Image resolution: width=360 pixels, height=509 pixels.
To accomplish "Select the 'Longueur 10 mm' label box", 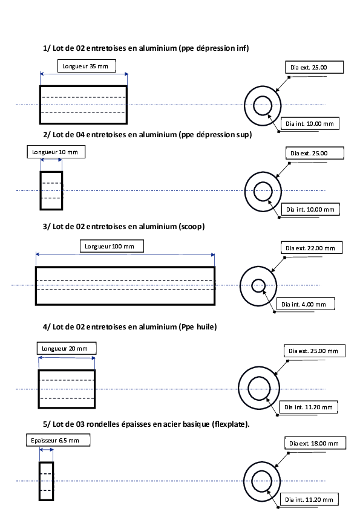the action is point(56,152).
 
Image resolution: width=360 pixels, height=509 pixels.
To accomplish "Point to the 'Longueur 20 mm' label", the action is point(67,348).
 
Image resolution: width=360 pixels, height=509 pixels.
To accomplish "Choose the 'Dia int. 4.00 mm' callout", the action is point(304,304).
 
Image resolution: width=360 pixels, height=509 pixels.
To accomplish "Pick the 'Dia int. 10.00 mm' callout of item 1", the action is point(310,123).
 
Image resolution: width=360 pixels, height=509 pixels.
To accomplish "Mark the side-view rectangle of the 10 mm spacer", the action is point(41,190).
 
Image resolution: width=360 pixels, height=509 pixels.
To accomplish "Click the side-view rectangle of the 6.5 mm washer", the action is point(39,481).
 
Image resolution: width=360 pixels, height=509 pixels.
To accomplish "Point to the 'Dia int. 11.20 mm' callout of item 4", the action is point(309,407).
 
